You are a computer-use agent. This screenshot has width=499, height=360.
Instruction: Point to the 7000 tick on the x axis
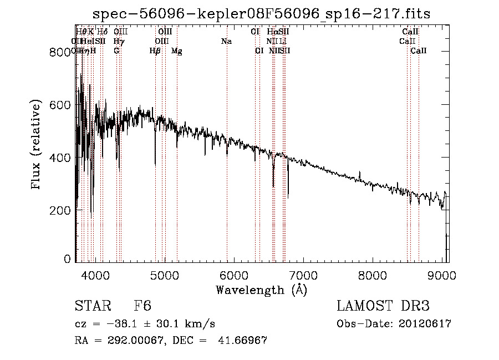[303, 275]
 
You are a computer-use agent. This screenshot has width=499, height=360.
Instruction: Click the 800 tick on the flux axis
[59, 53]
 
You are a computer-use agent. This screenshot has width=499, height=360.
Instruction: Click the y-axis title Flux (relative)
[37, 145]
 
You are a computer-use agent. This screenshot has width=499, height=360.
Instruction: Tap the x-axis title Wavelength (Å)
[261, 290]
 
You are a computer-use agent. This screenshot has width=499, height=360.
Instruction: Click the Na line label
[226, 42]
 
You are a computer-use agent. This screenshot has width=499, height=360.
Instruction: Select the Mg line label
[176, 51]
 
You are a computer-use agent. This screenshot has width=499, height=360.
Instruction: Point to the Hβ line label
[155, 51]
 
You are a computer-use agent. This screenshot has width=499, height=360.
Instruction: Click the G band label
[116, 51]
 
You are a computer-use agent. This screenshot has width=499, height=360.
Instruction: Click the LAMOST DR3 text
[383, 307]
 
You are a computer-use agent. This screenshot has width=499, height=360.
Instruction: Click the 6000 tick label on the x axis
[234, 275]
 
